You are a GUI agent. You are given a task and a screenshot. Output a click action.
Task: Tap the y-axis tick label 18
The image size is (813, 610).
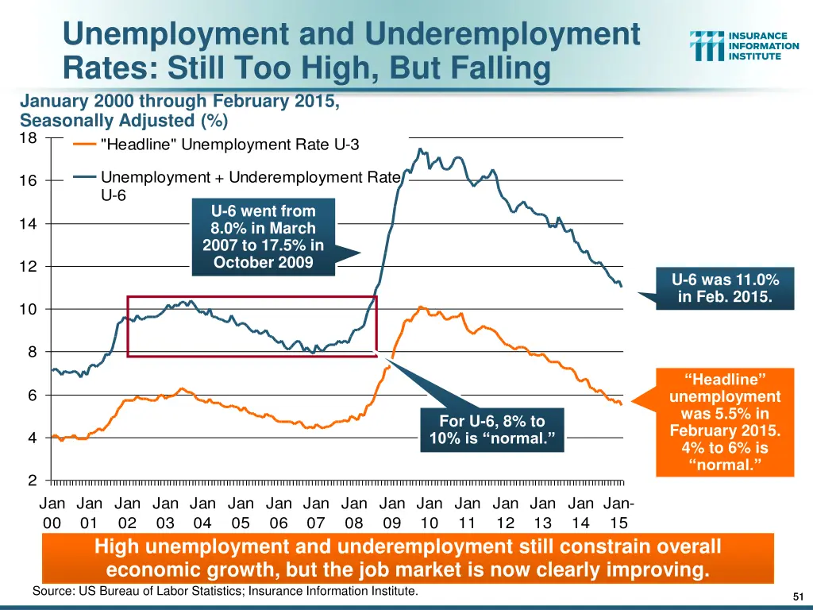[x=28, y=138]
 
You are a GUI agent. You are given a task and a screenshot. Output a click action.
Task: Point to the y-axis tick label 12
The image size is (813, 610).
[x=28, y=267]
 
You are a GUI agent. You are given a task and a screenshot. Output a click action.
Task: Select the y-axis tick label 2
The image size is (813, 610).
[x=33, y=481]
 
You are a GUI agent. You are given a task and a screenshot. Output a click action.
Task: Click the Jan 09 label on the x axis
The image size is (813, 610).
[x=391, y=512]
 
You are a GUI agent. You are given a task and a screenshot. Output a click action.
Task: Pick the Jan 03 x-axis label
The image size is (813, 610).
[x=165, y=512]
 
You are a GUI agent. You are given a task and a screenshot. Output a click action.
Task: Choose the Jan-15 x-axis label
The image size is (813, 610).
[x=619, y=512]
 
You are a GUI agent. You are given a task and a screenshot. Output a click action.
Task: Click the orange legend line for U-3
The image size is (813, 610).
[x=85, y=145]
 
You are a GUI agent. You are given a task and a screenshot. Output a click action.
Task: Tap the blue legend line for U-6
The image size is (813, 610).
[x=85, y=177]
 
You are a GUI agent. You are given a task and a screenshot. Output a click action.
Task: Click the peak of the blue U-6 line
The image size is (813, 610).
[x=420, y=149]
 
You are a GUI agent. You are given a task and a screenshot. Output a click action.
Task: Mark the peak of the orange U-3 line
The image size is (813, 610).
[x=421, y=307]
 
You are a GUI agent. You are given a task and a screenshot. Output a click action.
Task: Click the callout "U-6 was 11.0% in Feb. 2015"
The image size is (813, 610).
[x=725, y=288]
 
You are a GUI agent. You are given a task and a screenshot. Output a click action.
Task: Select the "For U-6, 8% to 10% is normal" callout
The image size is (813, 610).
[x=492, y=430]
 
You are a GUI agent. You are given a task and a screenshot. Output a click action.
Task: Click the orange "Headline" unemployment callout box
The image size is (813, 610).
[x=725, y=422]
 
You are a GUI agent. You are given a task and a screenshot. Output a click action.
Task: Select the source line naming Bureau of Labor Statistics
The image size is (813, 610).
[x=225, y=592]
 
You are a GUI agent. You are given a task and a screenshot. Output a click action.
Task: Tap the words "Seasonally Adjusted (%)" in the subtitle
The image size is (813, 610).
[x=124, y=121]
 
